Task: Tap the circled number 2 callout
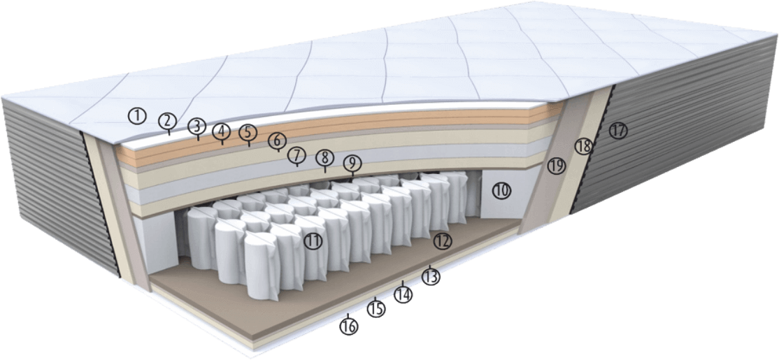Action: (166, 120)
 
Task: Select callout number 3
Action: (197, 126)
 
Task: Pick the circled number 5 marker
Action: (247, 132)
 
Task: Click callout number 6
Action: (276, 140)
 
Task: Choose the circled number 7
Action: (296, 154)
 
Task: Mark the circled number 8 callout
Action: (324, 158)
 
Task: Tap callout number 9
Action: (352, 164)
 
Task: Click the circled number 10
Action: (501, 189)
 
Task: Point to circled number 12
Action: (442, 240)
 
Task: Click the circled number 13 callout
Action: (431, 277)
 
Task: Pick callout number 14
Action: (403, 294)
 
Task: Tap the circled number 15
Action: (376, 308)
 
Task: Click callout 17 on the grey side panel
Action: (618, 130)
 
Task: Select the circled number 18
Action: (583, 147)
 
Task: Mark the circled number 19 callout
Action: (556, 166)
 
